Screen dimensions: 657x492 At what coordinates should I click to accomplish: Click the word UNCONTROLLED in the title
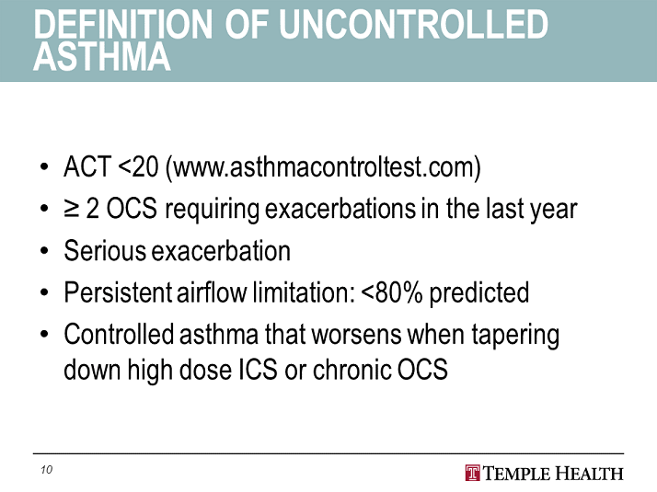click(413, 24)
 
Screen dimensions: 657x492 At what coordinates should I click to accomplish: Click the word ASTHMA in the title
click(102, 56)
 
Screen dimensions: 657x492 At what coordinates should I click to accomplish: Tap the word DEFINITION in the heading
click(123, 24)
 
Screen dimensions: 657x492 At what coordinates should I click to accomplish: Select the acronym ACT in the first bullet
click(87, 166)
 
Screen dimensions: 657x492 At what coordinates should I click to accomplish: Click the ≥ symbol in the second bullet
click(72, 209)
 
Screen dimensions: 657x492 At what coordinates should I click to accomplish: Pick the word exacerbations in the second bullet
click(340, 209)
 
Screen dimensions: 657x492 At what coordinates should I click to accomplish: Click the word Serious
click(105, 250)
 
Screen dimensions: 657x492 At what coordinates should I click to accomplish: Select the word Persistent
click(118, 292)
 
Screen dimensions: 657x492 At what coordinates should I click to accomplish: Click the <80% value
click(391, 292)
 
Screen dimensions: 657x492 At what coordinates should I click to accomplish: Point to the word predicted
click(478, 293)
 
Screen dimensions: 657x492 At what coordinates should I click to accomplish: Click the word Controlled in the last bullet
click(119, 334)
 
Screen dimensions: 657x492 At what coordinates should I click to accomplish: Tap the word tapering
click(515, 336)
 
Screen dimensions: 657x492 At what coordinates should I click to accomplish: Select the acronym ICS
click(258, 370)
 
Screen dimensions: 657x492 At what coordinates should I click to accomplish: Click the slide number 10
click(47, 469)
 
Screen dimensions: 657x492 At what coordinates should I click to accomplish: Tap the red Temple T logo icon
click(472, 474)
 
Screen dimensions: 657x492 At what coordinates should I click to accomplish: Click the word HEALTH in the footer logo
click(589, 474)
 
